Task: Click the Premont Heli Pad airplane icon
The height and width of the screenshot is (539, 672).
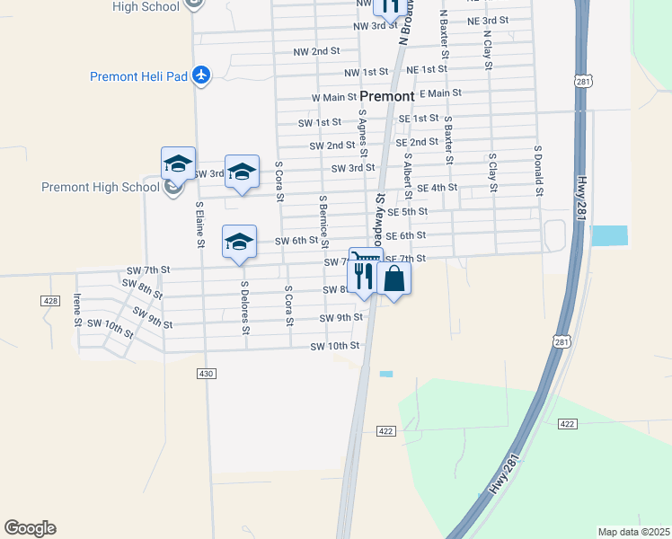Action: tap(201, 75)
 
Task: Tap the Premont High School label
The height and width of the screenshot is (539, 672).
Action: tap(100, 187)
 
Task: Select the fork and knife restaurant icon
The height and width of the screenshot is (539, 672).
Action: tap(364, 276)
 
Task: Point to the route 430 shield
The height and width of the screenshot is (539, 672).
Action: tap(207, 373)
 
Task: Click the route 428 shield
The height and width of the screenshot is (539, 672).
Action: tap(50, 300)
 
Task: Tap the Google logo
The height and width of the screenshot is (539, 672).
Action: tap(30, 528)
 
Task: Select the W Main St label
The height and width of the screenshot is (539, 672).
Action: tap(334, 97)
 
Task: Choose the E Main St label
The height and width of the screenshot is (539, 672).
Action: tap(439, 93)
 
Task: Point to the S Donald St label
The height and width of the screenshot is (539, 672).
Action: tap(538, 171)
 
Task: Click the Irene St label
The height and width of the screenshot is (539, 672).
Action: tap(77, 310)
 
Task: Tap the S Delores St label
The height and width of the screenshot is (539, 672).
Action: tap(244, 307)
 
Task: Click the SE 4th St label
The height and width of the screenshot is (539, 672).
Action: tap(438, 188)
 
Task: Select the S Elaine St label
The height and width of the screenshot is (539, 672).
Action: tap(200, 225)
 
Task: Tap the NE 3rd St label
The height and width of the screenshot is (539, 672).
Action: tap(488, 20)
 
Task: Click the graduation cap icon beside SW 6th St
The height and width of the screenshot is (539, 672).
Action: tap(239, 243)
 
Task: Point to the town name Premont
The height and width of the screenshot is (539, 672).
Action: tap(387, 96)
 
